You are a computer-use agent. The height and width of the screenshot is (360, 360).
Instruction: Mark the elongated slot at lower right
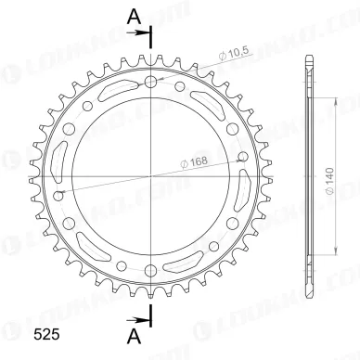pos(199,251)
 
